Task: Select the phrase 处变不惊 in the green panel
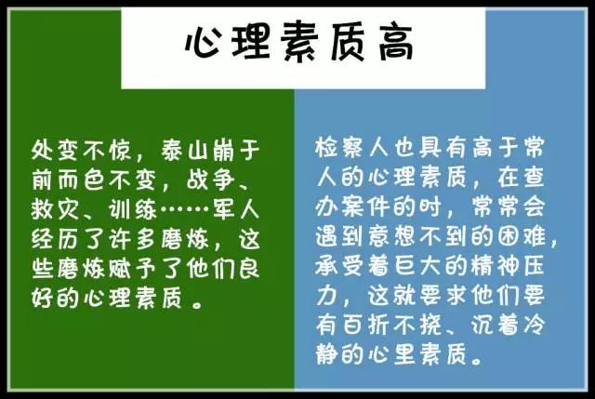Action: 82,151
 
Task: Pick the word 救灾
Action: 56,209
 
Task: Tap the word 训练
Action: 133,209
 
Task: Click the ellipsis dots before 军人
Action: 185,209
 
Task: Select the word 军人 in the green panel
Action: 236,209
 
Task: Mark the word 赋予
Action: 133,269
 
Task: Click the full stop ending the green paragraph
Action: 197,304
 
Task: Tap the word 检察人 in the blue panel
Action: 352,147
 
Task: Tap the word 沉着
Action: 495,325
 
